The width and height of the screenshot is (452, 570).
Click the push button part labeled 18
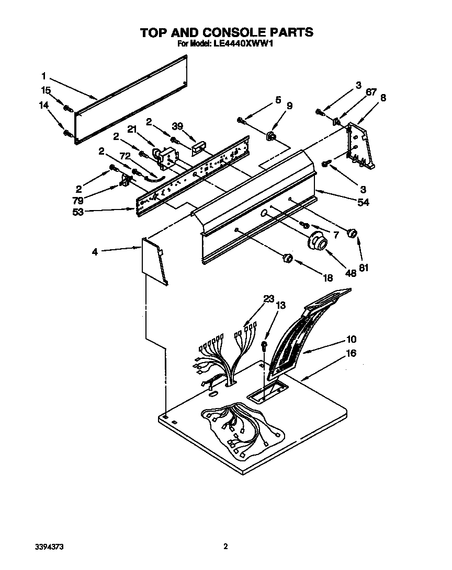tap(287, 258)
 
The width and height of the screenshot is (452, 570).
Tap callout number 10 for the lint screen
tap(351, 339)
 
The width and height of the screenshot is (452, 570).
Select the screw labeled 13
tap(265, 344)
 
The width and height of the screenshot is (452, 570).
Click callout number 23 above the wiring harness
tap(268, 299)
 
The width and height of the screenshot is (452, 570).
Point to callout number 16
tap(351, 354)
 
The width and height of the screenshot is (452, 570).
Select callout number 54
tap(363, 203)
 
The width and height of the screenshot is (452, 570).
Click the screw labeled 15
tap(67, 108)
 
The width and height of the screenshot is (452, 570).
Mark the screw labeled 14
tap(66, 132)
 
